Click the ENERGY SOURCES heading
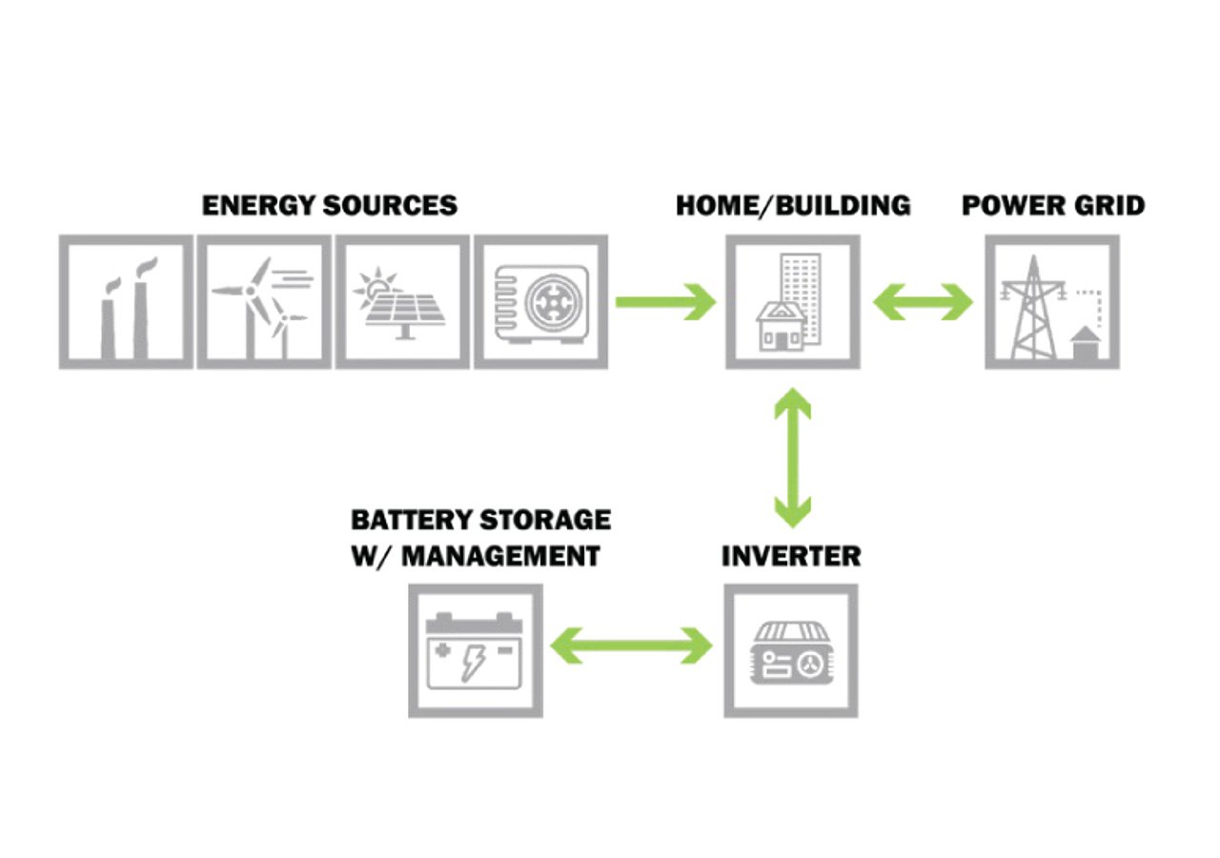[x=329, y=205]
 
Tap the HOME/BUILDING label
[x=793, y=205]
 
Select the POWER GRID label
[x=1053, y=205]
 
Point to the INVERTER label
[x=790, y=556]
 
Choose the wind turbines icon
[x=264, y=302]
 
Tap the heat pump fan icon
[x=540, y=302]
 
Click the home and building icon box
[x=793, y=302]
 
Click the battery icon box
[x=476, y=651]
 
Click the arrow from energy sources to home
[x=664, y=302]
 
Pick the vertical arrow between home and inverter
[x=792, y=458]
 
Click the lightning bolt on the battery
[x=473, y=660]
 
